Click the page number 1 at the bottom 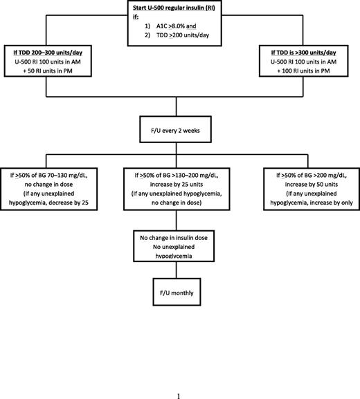pos(179,377)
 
